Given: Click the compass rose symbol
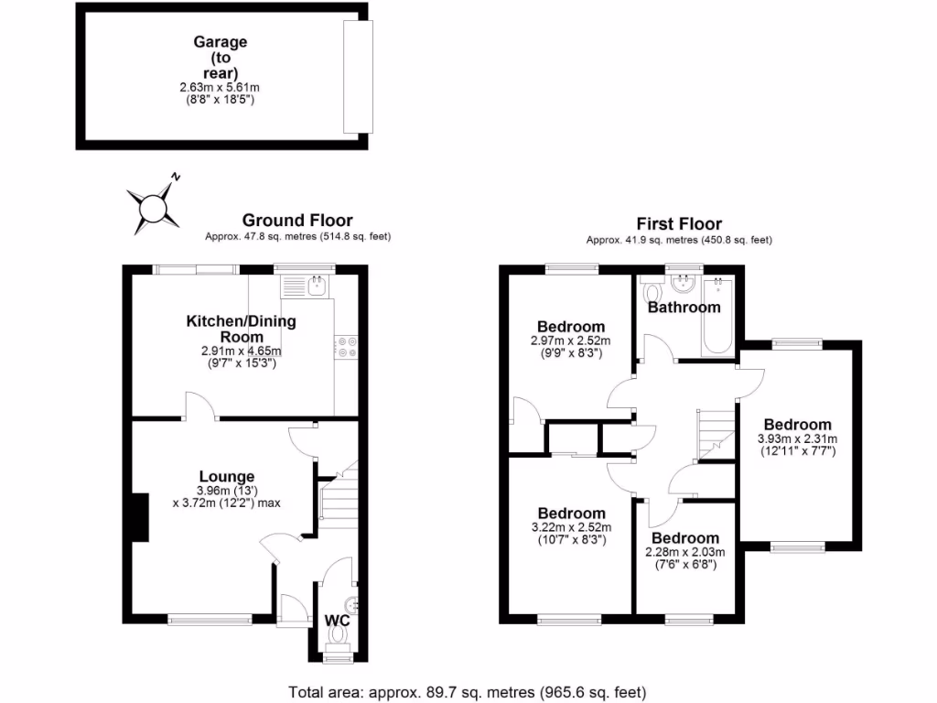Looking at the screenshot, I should (x=151, y=204).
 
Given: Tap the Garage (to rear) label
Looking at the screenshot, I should (x=220, y=69).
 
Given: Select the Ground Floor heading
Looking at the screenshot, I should (x=297, y=221).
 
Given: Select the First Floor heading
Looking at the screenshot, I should (x=679, y=224).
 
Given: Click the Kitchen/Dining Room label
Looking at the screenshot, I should (x=242, y=330).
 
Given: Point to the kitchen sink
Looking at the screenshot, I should (x=316, y=287).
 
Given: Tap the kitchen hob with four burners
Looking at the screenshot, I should (x=348, y=346).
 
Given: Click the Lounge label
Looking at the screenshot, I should (x=227, y=477).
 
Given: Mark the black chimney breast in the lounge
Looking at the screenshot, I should (x=139, y=519).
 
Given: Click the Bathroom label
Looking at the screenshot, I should (x=684, y=308).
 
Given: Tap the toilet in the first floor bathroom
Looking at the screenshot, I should (x=652, y=292).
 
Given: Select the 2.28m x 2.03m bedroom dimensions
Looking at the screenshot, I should (x=685, y=552).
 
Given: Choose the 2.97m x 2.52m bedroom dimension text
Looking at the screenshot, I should (x=570, y=341).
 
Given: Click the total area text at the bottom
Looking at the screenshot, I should (x=468, y=691).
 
